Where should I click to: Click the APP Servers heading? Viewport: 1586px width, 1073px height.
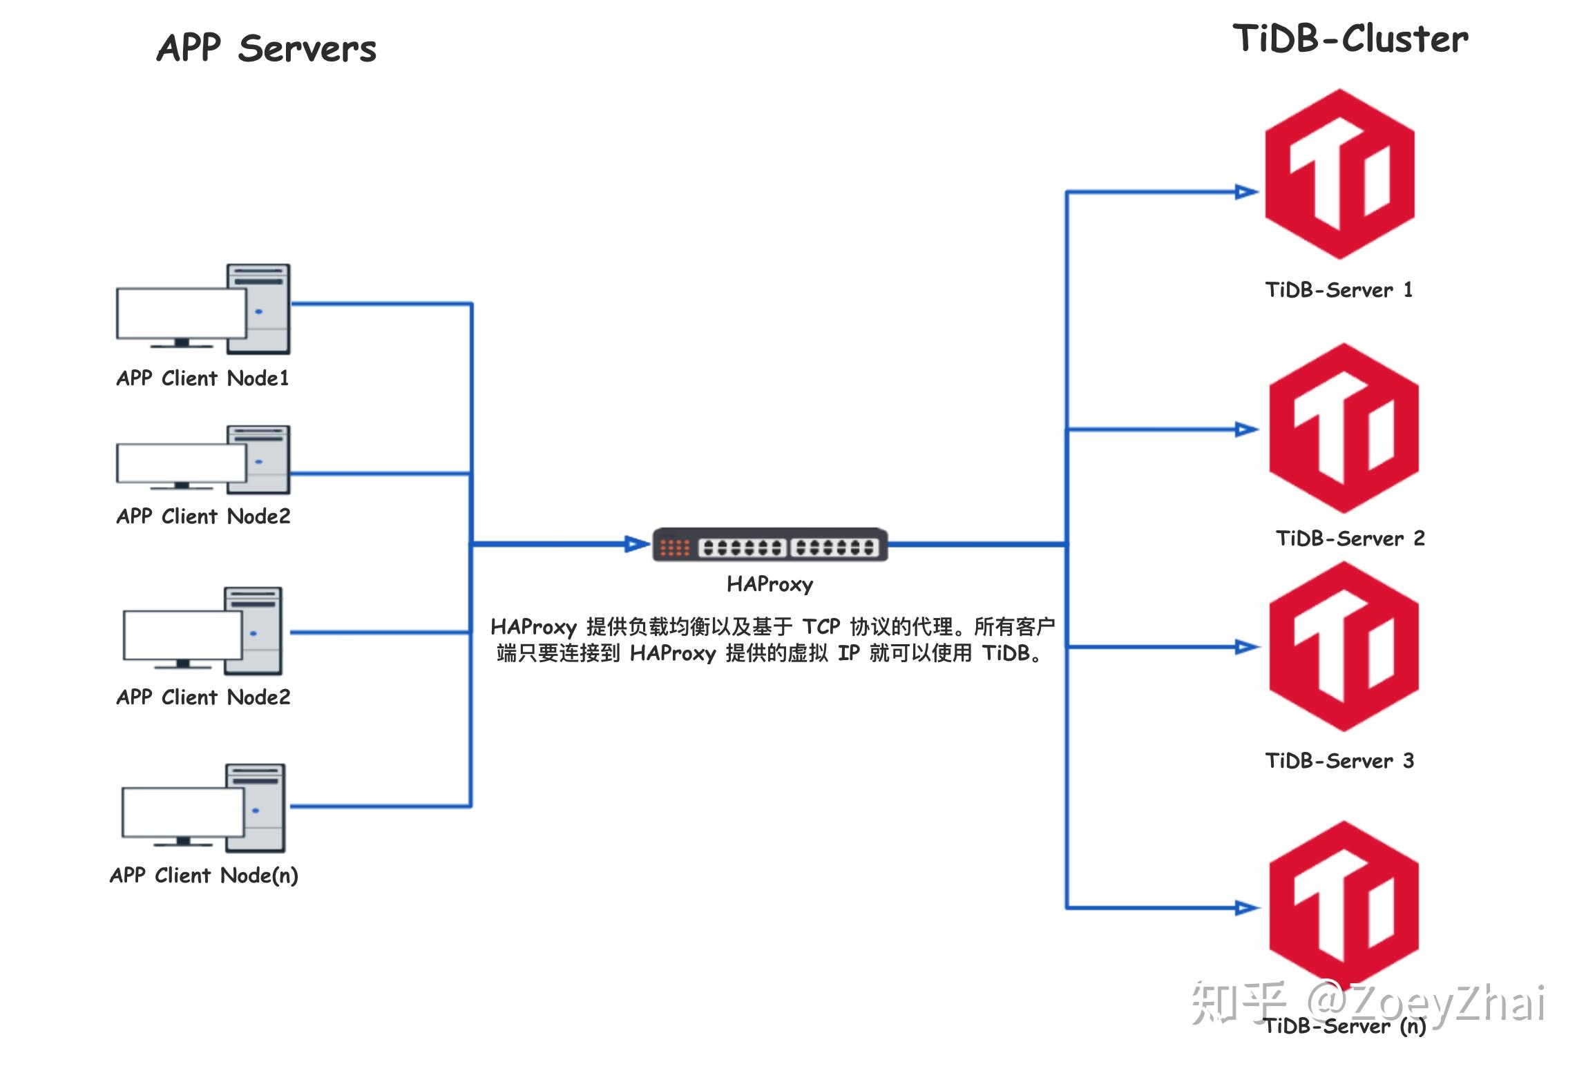266,48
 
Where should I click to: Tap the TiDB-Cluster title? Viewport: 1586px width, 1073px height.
1350,39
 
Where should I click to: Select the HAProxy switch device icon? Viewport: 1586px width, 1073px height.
770,545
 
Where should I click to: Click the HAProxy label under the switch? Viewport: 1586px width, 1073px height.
770,585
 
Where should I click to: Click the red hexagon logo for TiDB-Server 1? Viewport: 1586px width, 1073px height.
1339,174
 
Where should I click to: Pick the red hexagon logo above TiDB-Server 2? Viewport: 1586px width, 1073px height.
1344,428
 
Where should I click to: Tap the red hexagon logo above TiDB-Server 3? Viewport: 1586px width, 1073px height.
1344,646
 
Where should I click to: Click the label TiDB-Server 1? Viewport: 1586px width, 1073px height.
1339,290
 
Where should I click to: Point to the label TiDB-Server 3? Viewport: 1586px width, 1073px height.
1339,761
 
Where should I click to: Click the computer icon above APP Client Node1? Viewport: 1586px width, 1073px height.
203,310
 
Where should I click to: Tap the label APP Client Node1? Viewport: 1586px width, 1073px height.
202,378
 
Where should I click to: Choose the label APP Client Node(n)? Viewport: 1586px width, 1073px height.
204,876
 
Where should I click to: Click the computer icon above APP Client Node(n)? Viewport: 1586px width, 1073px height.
204,809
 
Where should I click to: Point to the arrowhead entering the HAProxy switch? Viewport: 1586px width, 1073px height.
636,545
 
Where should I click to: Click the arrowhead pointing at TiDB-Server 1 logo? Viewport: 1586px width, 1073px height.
1245,192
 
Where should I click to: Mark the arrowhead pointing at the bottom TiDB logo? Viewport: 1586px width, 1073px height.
1246,908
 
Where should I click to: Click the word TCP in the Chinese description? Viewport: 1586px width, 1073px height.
821,627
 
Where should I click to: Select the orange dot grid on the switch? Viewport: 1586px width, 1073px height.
674,548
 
